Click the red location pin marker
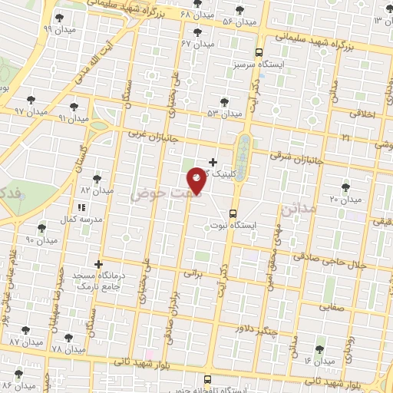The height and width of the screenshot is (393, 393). point(197,180)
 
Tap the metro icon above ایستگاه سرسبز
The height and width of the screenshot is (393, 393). point(259,53)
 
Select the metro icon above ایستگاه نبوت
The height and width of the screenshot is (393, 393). point(233,214)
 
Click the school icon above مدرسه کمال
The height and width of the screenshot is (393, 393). point(81,207)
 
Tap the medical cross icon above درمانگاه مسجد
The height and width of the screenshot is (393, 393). point(98,263)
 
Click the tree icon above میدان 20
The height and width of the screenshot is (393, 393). point(344,187)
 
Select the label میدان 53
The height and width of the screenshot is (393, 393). point(224,114)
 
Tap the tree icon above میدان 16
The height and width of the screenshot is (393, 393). point(319,348)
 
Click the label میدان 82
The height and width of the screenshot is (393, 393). point(97,190)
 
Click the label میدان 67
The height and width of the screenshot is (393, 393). point(196,43)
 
